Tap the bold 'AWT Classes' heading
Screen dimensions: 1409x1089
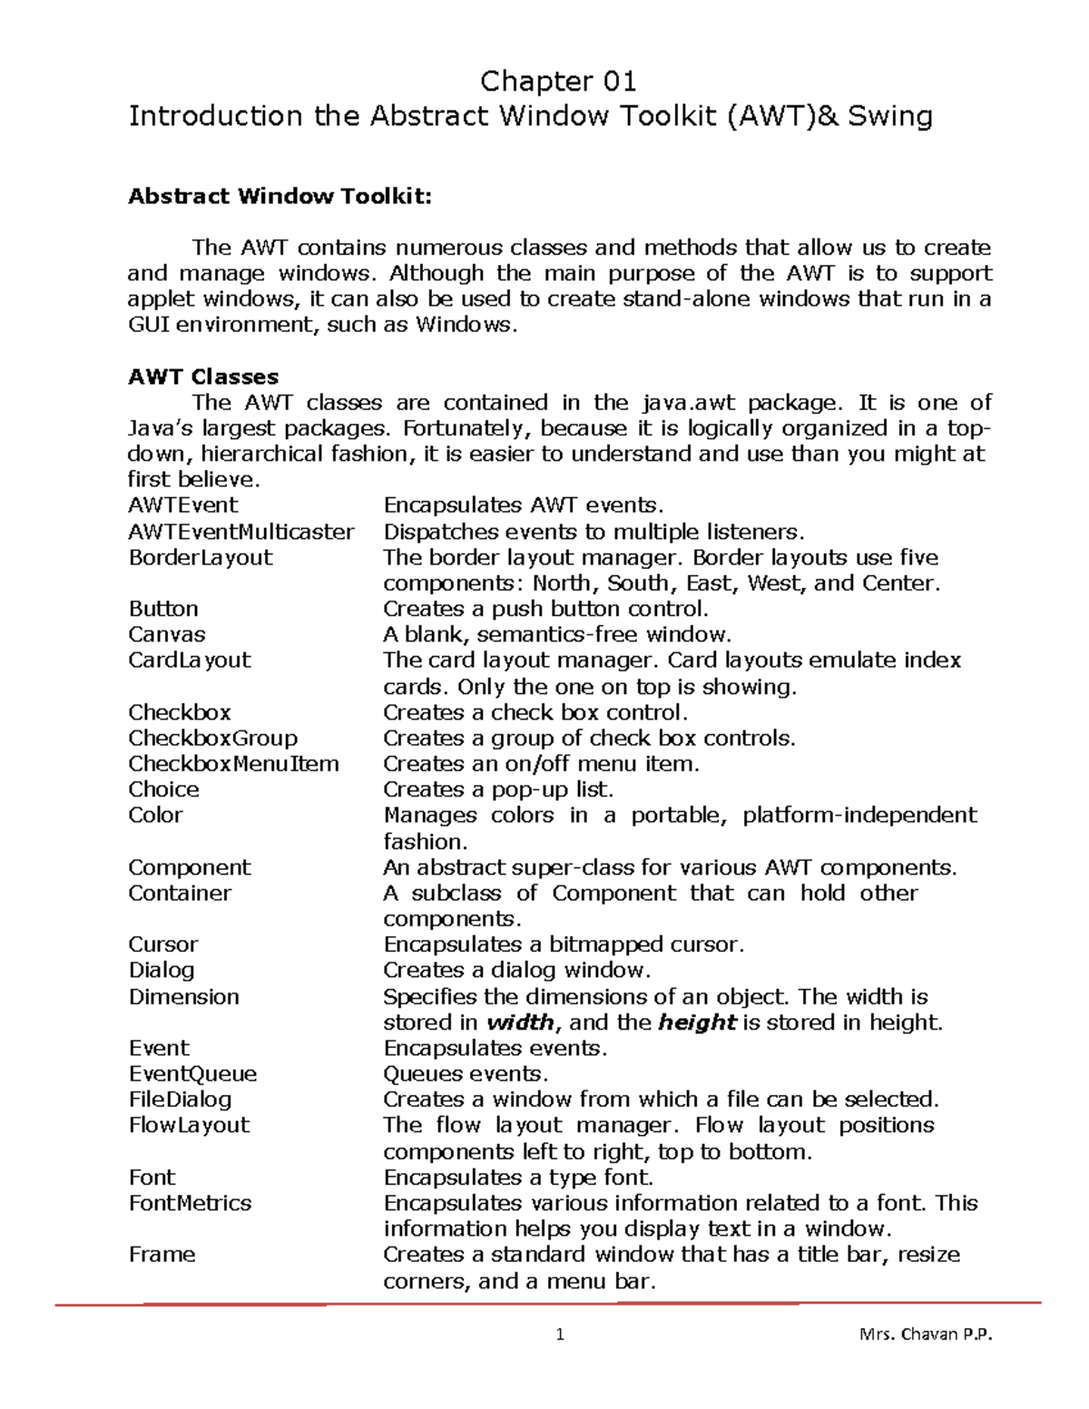[203, 377]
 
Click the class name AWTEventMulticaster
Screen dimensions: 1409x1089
[241, 532]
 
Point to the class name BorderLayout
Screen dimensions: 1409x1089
[201, 557]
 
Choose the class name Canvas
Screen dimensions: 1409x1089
[167, 634]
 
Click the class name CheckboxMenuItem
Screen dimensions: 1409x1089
[233, 764]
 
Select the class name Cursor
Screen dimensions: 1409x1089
[163, 944]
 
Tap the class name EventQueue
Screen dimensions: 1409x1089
[192, 1074]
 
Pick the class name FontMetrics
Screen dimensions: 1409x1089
[190, 1203]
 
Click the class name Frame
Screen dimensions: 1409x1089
[162, 1255]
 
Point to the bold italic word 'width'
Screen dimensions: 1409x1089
[521, 1023]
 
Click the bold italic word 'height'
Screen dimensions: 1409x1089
[696, 1023]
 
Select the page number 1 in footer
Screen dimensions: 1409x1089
[560, 1335]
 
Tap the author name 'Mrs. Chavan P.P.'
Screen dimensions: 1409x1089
[926, 1335]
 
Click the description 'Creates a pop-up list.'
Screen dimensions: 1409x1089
[498, 789]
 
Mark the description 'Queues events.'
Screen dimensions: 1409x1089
[466, 1074]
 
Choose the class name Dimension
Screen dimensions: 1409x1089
[184, 996]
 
